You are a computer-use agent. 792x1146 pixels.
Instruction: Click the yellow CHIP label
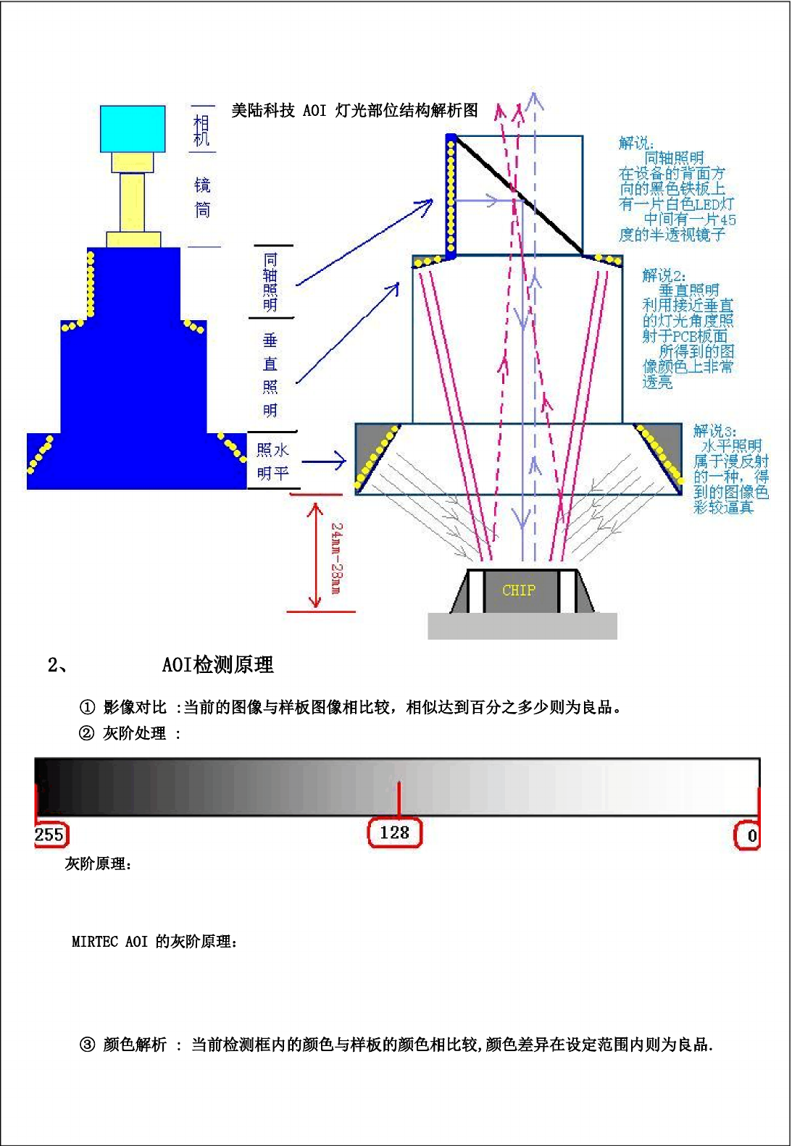point(518,590)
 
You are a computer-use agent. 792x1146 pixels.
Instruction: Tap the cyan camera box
point(133,128)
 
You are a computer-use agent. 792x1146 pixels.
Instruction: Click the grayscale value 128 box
point(395,833)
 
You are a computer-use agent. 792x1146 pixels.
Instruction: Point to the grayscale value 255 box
point(50,835)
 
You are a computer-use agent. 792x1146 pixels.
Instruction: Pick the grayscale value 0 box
point(749,835)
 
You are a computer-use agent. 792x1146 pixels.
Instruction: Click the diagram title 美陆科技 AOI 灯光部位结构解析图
point(354,110)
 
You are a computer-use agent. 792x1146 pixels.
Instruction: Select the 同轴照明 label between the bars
point(270,282)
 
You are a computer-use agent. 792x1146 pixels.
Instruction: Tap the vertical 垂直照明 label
point(270,375)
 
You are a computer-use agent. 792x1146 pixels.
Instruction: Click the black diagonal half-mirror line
point(518,196)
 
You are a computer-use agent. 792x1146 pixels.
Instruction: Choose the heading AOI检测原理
point(217,664)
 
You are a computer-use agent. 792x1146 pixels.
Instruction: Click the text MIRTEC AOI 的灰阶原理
point(154,941)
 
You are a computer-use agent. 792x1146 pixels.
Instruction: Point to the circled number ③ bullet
point(87,1044)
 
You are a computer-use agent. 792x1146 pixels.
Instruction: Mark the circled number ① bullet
point(87,707)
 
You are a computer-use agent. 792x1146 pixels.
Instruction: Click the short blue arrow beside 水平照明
point(324,461)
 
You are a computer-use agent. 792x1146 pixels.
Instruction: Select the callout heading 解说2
point(663,275)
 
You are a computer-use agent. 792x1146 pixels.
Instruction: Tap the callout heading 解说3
point(714,431)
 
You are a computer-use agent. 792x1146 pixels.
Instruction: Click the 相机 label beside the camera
point(201,130)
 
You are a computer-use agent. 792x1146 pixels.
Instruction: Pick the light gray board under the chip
point(522,626)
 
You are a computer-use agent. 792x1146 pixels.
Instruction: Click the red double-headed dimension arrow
point(314,554)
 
